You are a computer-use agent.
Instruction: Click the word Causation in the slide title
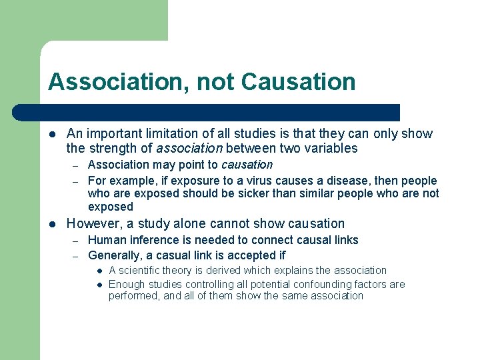pyautogui.click(x=299, y=82)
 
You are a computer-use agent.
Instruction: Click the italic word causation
pyautogui.click(x=247, y=164)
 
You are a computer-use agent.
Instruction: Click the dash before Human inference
pyautogui.click(x=77, y=241)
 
